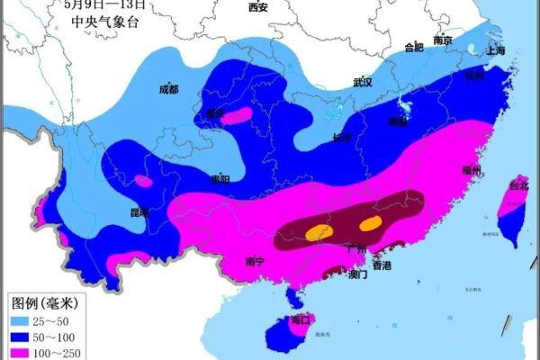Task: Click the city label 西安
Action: click(x=257, y=7)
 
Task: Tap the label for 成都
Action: click(x=168, y=89)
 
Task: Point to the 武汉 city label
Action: click(x=363, y=82)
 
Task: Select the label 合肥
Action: click(x=413, y=47)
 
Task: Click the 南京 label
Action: click(x=442, y=40)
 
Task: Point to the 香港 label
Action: click(x=382, y=265)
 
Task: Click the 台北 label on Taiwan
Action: click(x=519, y=186)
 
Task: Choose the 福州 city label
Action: click(x=472, y=170)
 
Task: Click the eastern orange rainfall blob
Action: click(x=370, y=222)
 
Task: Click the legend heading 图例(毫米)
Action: click(x=45, y=302)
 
